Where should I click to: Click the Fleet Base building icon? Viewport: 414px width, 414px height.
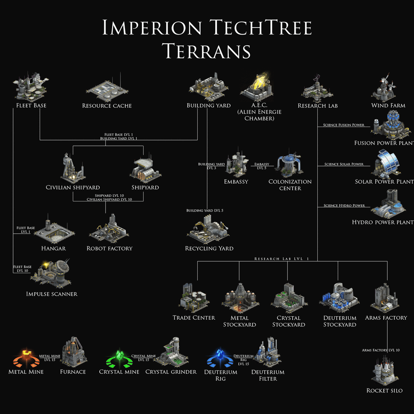click(x=31, y=87)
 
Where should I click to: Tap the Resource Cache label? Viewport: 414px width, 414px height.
click(x=107, y=106)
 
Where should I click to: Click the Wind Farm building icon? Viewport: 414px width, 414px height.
click(x=384, y=88)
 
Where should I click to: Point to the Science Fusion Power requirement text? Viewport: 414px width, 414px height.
click(x=344, y=125)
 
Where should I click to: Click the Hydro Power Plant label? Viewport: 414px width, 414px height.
click(x=382, y=222)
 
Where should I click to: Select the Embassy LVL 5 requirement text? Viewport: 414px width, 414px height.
click(x=262, y=166)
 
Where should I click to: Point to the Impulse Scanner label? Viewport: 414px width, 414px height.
click(x=52, y=294)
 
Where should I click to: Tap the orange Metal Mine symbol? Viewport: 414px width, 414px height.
click(x=26, y=359)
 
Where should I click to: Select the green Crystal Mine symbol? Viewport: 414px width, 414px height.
click(x=119, y=359)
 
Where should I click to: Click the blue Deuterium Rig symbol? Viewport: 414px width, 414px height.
click(x=220, y=359)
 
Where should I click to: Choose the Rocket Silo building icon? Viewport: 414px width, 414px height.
click(x=385, y=371)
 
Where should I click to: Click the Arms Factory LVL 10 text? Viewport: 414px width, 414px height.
click(x=381, y=350)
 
